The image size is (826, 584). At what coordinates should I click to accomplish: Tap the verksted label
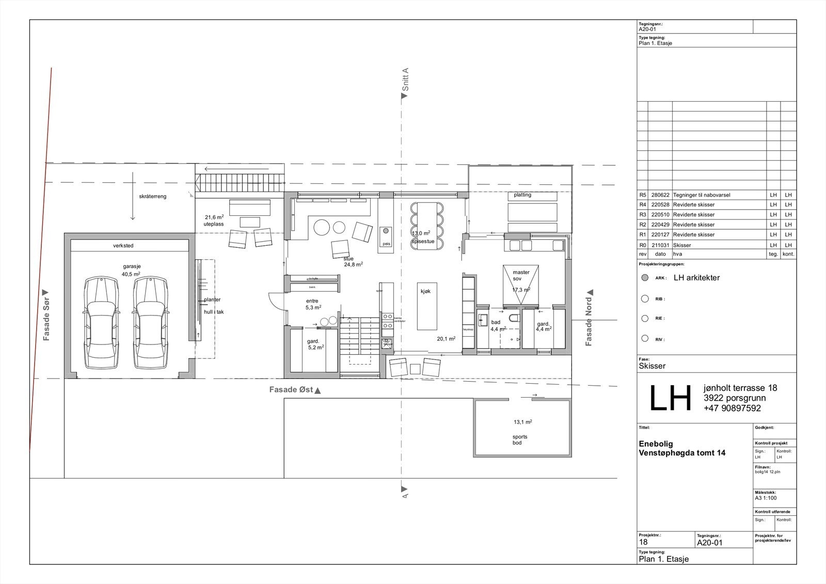(123, 246)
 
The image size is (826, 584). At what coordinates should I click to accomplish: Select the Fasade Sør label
(46, 315)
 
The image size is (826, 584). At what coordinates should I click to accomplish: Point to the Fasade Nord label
(589, 318)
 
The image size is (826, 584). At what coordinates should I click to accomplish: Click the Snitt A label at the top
(405, 82)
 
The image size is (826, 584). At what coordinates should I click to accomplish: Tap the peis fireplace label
(386, 243)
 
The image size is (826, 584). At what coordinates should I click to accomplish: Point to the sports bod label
(520, 439)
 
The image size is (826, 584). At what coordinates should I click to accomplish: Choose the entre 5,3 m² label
(313, 304)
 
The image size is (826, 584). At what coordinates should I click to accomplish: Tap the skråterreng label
(153, 197)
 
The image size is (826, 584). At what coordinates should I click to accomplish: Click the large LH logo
(670, 399)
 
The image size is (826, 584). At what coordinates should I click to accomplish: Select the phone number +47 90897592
(732, 408)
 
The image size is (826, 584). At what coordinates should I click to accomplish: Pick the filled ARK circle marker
(644, 278)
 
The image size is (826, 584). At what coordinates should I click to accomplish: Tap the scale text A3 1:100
(765, 498)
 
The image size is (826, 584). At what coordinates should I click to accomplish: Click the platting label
(522, 195)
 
